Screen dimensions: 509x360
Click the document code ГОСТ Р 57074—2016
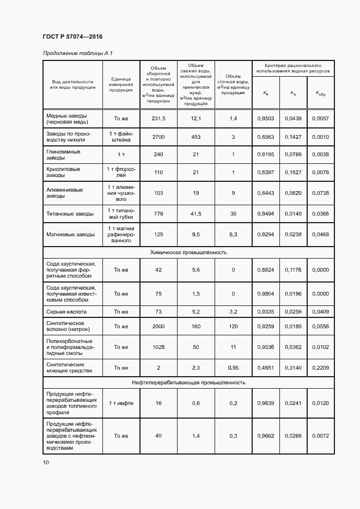tap(72, 36)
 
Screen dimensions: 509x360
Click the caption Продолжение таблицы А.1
tap(77, 53)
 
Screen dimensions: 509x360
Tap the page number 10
tap(46, 462)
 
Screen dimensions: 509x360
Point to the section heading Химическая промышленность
tap(188, 253)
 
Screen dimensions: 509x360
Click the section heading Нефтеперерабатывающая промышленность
tap(188, 382)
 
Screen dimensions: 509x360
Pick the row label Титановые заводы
tap(70, 214)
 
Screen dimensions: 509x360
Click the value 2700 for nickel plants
tap(158, 137)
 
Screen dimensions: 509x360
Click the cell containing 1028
tap(158, 347)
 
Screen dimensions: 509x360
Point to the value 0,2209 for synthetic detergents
tap(321, 368)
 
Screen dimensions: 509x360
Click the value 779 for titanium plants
tap(158, 214)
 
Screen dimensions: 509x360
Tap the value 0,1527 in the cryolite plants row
tap(293, 173)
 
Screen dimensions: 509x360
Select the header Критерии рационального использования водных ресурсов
tap(292, 68)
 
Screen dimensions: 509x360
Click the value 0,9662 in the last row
tap(265, 436)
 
